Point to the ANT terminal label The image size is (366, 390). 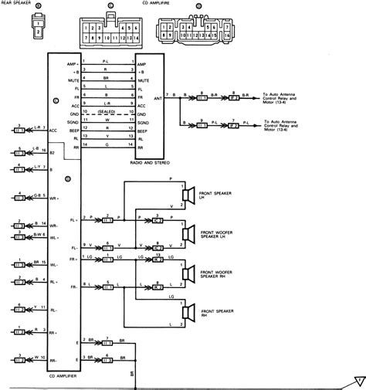pos(158,97)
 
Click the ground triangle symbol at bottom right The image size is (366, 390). pos(358,379)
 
